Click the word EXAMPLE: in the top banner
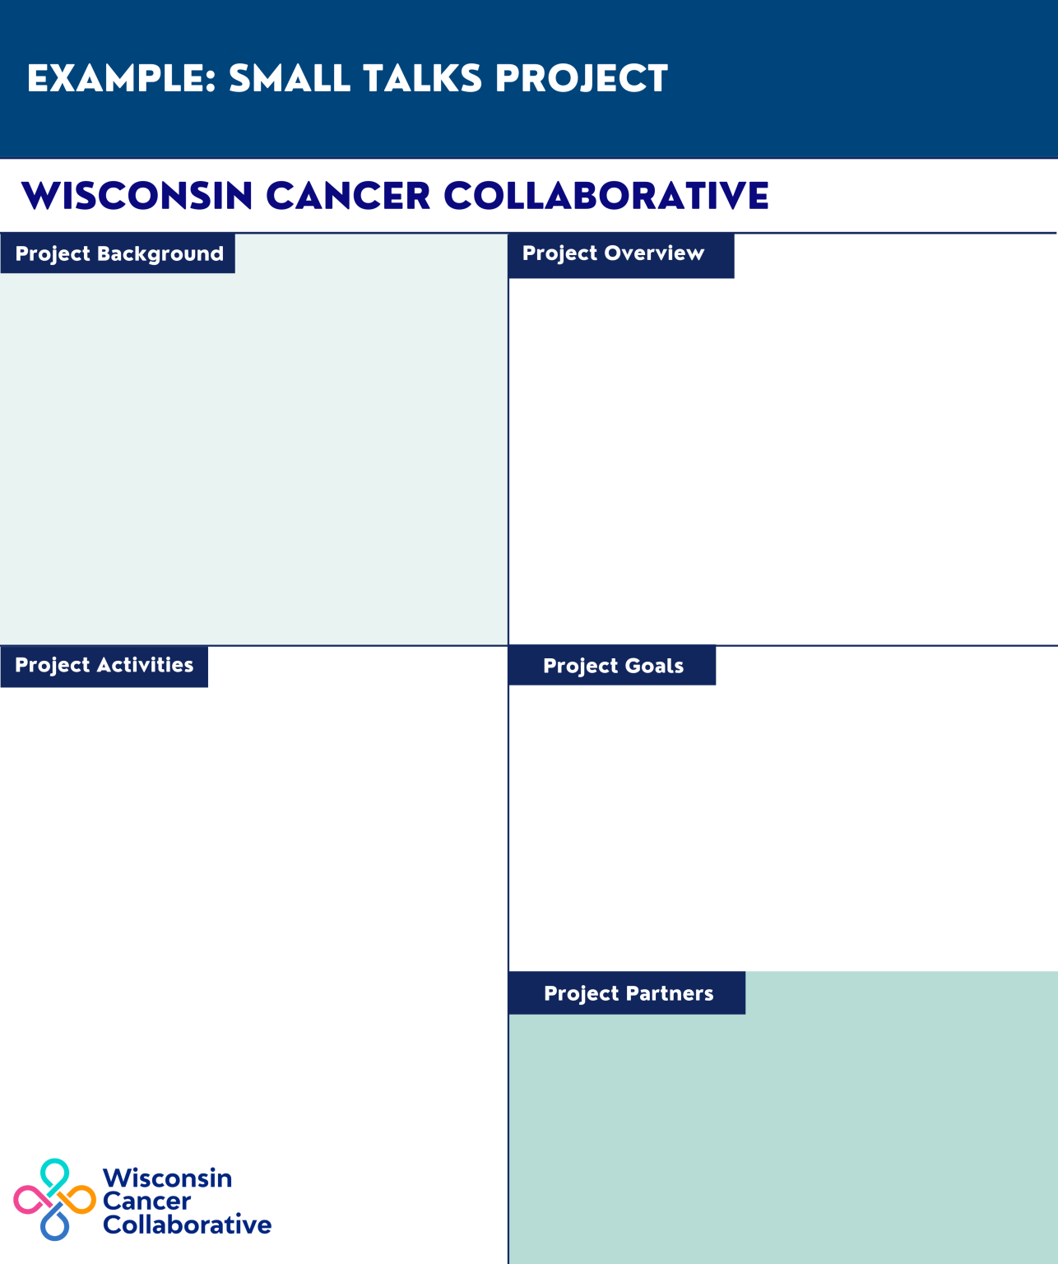coord(121,79)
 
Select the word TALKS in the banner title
coord(422,79)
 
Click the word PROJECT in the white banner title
coord(581,79)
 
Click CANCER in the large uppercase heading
coord(348,197)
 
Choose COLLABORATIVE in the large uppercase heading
coord(606,197)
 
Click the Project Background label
coord(118,253)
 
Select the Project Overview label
coord(613,253)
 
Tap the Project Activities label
coord(104,665)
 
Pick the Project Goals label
coord(613,666)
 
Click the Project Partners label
coord(628,993)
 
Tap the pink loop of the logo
coord(27,1201)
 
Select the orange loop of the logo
coord(81,1201)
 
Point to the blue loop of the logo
coord(54,1226)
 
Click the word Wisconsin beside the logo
coord(167,1178)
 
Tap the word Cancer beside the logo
coord(146,1201)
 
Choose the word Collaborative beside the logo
coord(187,1225)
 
